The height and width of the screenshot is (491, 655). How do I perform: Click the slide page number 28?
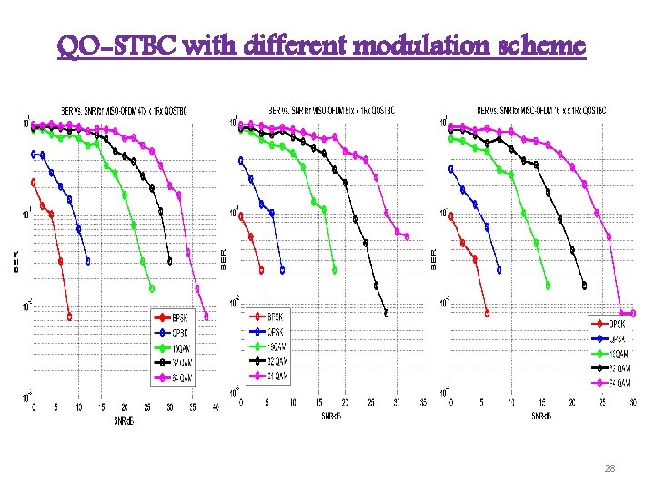610,467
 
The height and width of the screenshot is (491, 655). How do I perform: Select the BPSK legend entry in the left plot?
176,318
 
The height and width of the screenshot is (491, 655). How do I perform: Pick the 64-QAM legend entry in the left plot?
176,376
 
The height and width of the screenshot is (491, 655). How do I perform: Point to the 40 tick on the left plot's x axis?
216,408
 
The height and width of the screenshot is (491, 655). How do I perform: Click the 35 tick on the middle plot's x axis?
422,402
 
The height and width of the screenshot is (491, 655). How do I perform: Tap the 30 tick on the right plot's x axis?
631,402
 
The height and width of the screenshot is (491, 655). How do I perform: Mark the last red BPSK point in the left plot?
70,316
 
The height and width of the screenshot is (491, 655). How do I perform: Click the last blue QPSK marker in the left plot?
88,261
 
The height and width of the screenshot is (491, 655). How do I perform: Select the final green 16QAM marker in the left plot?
151,288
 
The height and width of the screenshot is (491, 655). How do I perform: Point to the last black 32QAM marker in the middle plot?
387,314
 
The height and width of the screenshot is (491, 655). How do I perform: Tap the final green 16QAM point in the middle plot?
334,269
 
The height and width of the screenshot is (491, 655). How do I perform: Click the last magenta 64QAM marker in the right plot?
632,313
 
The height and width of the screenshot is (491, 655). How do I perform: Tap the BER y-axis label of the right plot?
434,258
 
